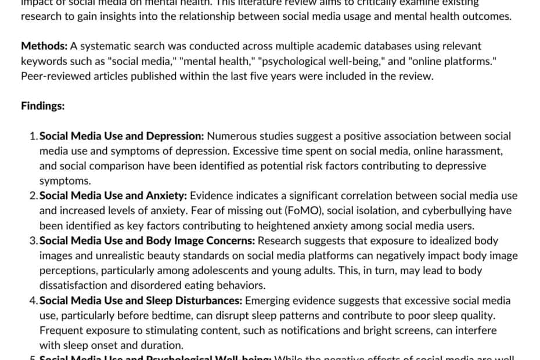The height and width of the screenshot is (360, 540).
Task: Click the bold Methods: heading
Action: click(x=40, y=45)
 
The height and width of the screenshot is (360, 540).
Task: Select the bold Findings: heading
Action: click(x=42, y=106)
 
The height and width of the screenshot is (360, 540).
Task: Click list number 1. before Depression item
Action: click(x=34, y=136)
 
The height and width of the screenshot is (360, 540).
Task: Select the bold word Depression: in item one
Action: click(x=174, y=136)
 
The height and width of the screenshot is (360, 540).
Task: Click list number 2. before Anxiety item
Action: click(x=34, y=196)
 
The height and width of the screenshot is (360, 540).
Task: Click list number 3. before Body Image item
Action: click(x=34, y=240)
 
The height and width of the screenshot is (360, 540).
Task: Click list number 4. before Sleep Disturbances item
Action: click(x=34, y=300)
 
